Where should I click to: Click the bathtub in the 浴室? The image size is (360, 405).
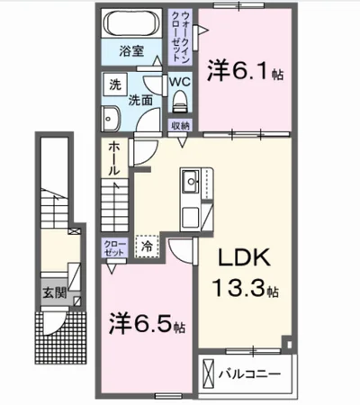pyautogui.click(x=131, y=23)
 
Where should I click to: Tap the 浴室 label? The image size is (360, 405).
pyautogui.click(x=131, y=51)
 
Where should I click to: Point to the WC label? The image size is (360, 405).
pyautogui.click(x=180, y=81)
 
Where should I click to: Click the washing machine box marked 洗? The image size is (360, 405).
pyautogui.click(x=115, y=85)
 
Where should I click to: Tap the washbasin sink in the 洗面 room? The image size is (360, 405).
pyautogui.click(x=111, y=119)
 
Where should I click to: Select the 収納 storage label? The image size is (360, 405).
pyautogui.click(x=180, y=126)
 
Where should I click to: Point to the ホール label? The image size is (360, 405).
pyautogui.click(x=114, y=158)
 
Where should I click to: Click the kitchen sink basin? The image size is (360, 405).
pyautogui.click(x=191, y=181)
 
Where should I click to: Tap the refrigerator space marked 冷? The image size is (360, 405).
pyautogui.click(x=147, y=247)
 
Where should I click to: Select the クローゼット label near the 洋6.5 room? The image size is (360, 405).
pyautogui.click(x=114, y=247)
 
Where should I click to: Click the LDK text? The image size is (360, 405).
pyautogui.click(x=244, y=258)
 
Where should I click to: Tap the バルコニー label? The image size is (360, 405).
pyautogui.click(x=249, y=373)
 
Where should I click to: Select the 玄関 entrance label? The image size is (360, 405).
pyautogui.click(x=54, y=292)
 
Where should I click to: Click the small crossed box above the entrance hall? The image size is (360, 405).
pyautogui.click(x=75, y=231)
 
